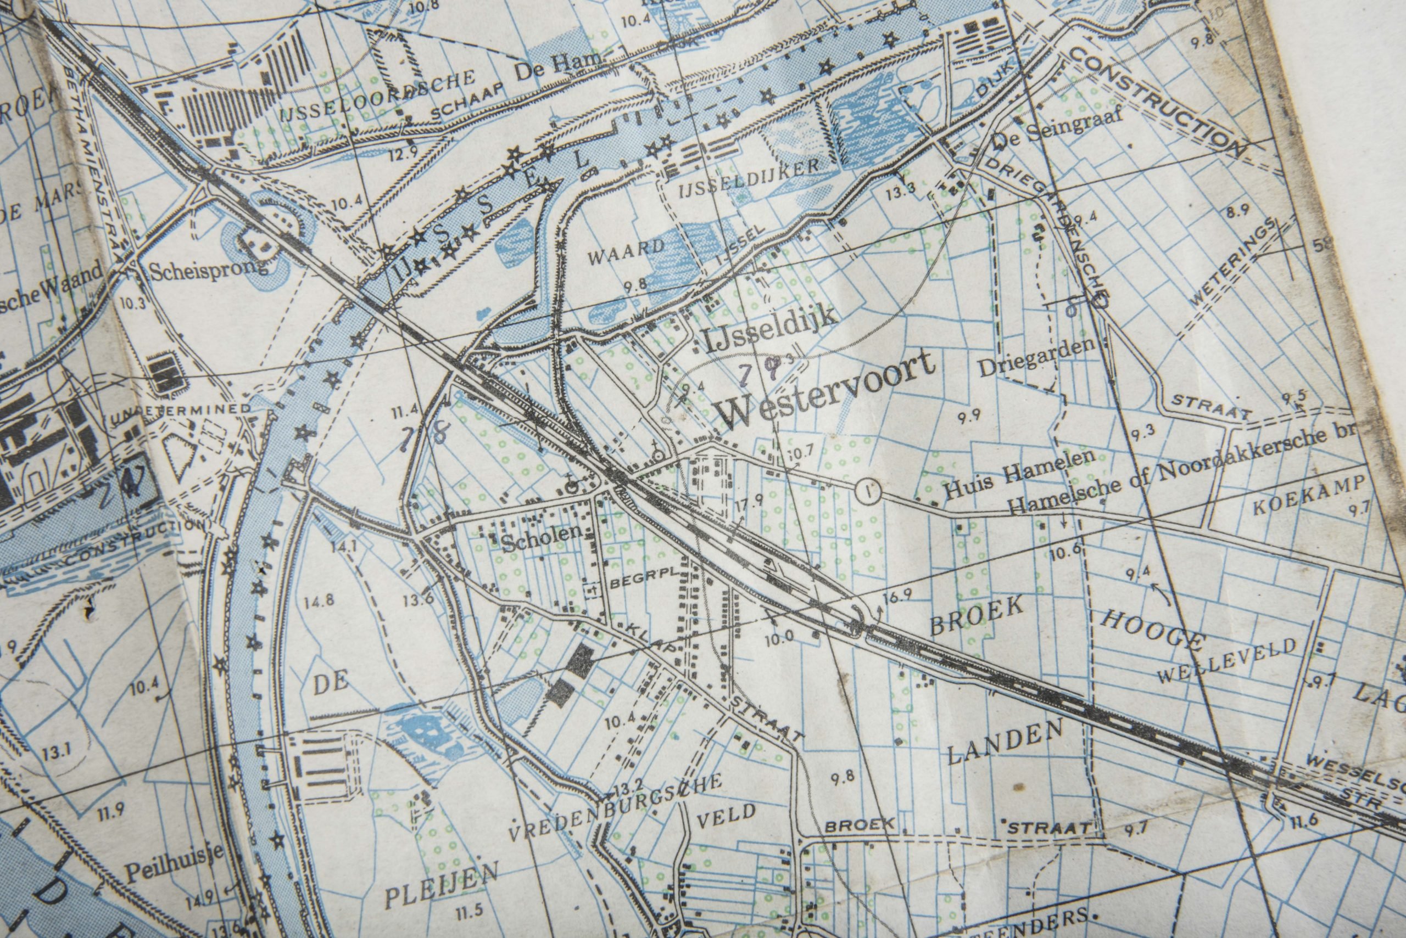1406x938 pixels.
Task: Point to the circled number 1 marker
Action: (867, 491)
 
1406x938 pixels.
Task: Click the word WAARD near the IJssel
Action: (627, 254)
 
